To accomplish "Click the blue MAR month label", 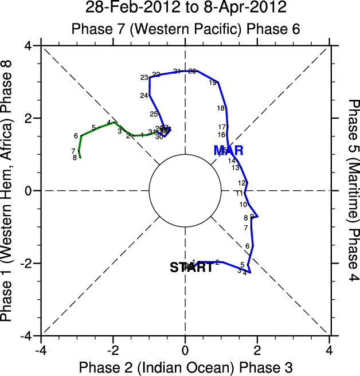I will click(229, 151).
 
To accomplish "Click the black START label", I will click(191, 267).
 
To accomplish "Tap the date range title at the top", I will click(185, 8).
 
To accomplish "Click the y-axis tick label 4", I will click(28, 45).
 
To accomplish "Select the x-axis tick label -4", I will click(40, 350).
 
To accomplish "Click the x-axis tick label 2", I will click(257, 350).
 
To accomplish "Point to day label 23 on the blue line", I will click(144, 77).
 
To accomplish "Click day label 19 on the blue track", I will click(213, 83).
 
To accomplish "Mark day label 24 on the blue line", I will click(144, 95).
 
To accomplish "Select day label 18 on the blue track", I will click(221, 108).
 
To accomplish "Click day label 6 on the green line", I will click(76, 136).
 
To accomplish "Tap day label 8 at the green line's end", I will click(75, 157).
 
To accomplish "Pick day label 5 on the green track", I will click(93, 127).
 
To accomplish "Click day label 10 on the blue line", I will click(243, 204).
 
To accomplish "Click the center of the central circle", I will click(185, 190).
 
